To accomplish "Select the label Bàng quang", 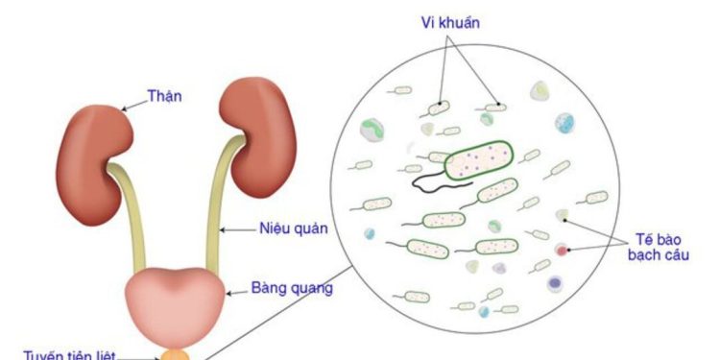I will tap(292, 288).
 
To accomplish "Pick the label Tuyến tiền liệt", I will tap(70, 353).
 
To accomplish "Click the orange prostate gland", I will tap(182, 354).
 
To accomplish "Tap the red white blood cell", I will tap(562, 252).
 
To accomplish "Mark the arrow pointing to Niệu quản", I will tap(234, 229).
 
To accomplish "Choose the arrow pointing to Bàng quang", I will tap(234, 288).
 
